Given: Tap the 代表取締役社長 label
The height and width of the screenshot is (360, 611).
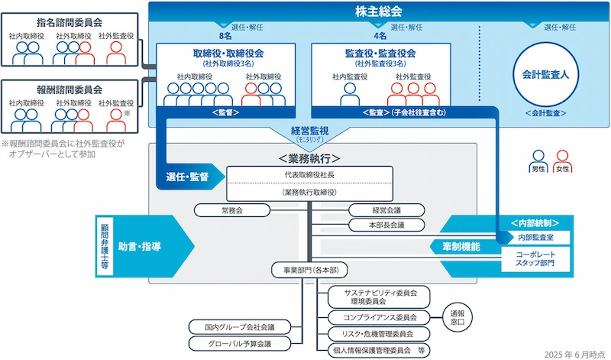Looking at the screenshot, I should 309,175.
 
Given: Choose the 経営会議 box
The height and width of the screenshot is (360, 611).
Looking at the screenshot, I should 386,209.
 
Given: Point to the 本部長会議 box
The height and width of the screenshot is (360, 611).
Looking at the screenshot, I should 386,225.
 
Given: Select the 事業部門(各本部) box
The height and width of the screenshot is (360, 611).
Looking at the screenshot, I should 309,270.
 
